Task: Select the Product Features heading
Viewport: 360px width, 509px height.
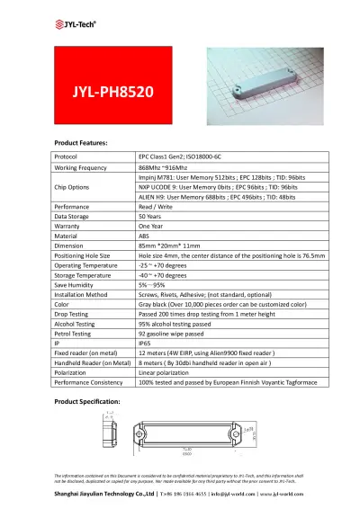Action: (81, 143)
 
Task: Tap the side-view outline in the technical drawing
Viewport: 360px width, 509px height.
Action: (109, 433)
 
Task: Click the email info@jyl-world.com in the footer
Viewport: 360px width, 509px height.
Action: (221, 494)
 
